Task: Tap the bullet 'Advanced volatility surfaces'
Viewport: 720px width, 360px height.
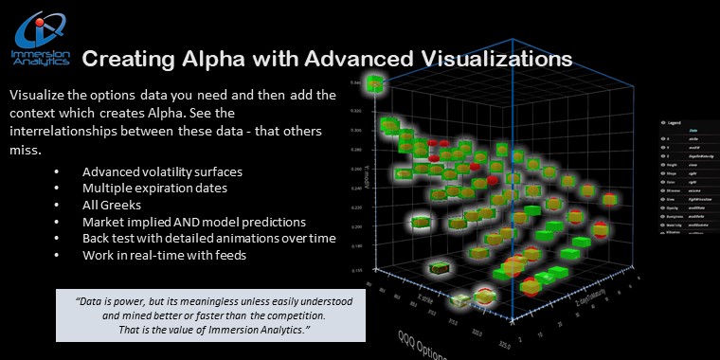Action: click(x=161, y=171)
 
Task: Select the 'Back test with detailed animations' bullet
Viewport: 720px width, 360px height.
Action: click(x=208, y=238)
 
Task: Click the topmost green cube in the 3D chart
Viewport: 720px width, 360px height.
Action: click(x=376, y=86)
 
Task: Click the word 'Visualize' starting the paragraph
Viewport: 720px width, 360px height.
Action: click(x=38, y=97)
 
